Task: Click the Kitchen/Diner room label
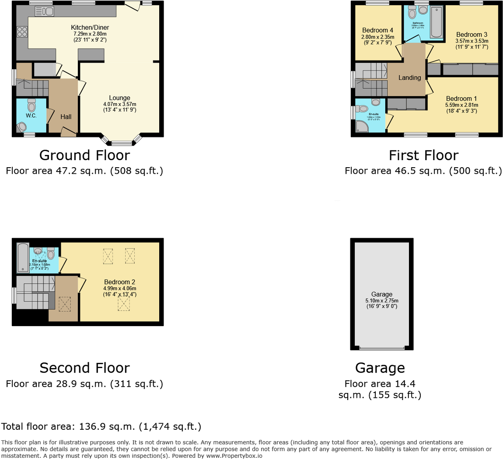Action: coord(90,28)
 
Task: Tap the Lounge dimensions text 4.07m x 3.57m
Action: coord(119,104)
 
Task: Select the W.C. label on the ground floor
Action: coord(31,116)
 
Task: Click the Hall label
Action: coord(66,117)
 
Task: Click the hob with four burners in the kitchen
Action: coord(22,32)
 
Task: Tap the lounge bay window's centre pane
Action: coord(121,143)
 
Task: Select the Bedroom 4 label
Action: coord(377,31)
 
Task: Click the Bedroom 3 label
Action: coord(472,35)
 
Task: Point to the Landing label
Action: coord(409,77)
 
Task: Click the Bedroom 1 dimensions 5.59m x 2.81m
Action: coord(461,105)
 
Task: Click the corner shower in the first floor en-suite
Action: coord(362,126)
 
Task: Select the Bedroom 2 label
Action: coord(119,282)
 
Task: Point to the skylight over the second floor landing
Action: coord(65,304)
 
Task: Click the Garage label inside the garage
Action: coord(381,295)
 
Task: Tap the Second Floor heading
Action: coord(84,368)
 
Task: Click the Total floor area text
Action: coord(101,426)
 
